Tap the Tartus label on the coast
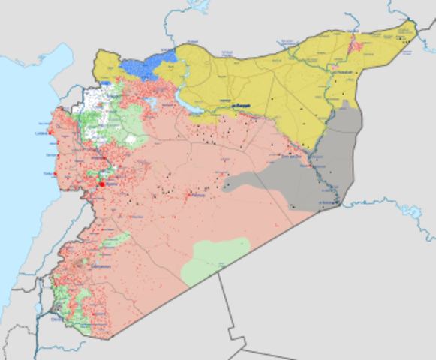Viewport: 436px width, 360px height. (50, 173)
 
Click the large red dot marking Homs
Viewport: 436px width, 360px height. (101, 184)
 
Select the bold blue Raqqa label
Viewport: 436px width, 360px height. (240, 106)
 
